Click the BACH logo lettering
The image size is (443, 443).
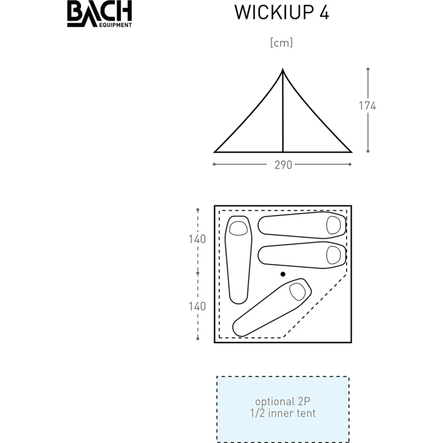[99, 12]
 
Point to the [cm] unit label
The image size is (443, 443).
[281, 43]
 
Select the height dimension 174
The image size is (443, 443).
[367, 106]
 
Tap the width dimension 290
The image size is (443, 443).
[283, 165]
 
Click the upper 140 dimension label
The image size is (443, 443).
[198, 239]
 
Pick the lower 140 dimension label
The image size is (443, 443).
[198, 306]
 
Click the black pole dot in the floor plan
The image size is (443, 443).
[283, 274]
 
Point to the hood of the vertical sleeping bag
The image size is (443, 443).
[239, 227]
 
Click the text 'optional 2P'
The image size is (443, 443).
[282, 401]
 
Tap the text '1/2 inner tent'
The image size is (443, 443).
[282, 413]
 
